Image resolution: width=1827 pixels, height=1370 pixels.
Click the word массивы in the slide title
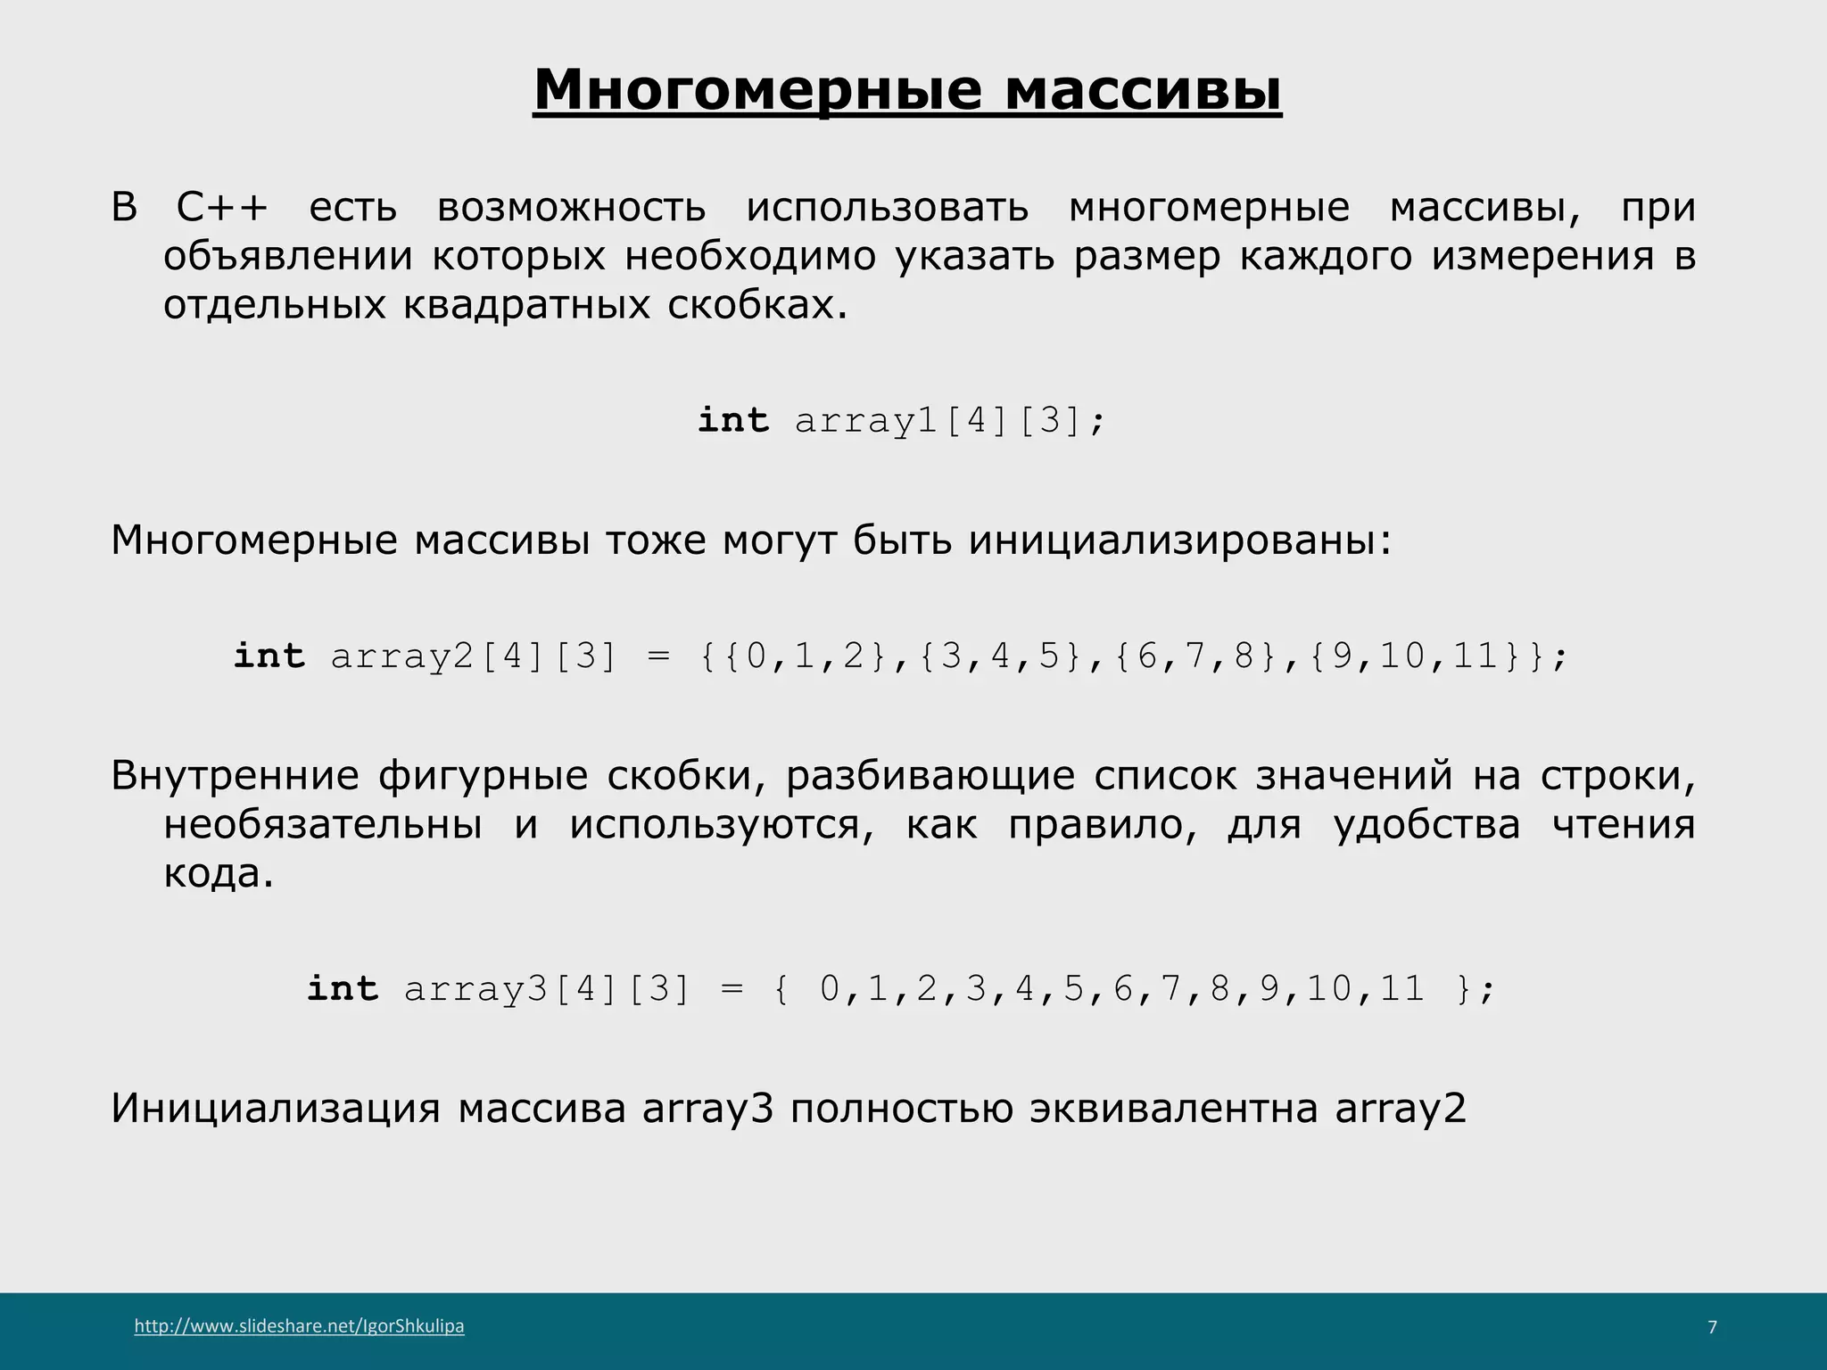point(1144,90)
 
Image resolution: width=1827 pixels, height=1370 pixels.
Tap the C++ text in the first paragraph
point(222,208)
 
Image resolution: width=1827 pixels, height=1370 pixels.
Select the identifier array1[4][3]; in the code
point(949,421)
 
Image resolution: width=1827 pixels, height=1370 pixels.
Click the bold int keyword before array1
point(732,421)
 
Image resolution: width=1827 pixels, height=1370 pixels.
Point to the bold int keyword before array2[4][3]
point(269,656)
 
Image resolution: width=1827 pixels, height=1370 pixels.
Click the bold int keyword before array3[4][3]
point(343,989)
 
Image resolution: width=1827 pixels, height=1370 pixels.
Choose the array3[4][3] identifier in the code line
point(547,989)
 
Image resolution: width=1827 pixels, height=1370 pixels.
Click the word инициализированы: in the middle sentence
point(1180,541)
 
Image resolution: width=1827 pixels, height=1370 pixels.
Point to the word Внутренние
point(235,776)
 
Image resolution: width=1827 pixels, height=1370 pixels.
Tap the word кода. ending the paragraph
point(219,873)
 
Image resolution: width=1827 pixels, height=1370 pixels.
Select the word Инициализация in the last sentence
point(276,1109)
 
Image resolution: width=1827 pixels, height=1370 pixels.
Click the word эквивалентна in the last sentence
point(1174,1109)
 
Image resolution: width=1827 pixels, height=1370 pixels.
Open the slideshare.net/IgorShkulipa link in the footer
point(300,1326)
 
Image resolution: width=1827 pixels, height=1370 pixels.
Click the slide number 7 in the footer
point(1712,1327)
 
